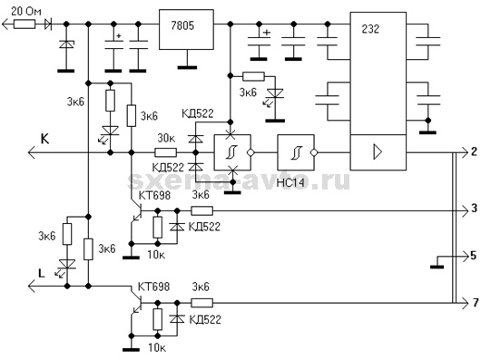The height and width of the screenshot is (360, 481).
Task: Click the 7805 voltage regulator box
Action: (x=186, y=29)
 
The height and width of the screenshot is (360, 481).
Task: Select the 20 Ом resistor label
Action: (x=26, y=13)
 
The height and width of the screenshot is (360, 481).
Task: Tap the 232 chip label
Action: (x=370, y=29)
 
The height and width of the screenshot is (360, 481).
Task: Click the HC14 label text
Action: (x=290, y=183)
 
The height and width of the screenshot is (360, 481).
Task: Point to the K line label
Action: (x=44, y=139)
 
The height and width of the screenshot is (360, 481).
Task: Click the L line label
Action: (x=42, y=273)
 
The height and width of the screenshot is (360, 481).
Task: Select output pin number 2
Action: (x=475, y=151)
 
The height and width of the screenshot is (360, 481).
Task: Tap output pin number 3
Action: (x=475, y=209)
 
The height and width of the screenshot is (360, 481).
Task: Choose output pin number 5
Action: (x=474, y=255)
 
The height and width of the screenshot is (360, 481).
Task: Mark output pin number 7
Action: (x=476, y=303)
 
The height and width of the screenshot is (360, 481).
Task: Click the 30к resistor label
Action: (x=166, y=139)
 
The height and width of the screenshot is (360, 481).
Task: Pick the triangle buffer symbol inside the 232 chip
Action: (x=378, y=152)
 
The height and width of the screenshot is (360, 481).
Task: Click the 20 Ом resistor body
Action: (x=25, y=24)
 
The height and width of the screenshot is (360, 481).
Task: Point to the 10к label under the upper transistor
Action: (x=156, y=254)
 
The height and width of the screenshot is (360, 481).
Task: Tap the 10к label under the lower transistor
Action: (x=157, y=347)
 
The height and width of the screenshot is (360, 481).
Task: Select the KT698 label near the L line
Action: (x=153, y=287)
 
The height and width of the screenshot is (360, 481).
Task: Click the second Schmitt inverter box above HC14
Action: (x=296, y=152)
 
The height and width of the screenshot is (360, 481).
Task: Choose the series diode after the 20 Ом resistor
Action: (x=48, y=24)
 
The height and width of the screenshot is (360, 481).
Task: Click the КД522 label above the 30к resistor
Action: (x=197, y=113)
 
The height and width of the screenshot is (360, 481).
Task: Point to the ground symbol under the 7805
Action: (x=187, y=67)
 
